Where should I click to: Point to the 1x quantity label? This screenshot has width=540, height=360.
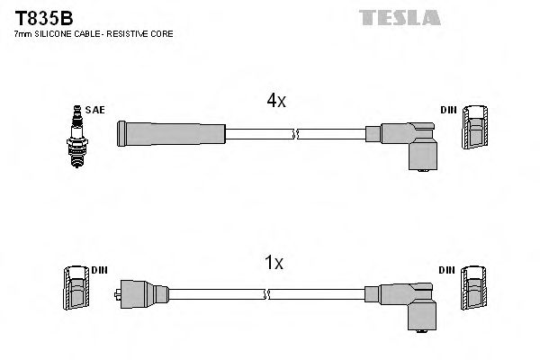tap(274, 263)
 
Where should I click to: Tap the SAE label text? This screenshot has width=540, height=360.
tap(95, 110)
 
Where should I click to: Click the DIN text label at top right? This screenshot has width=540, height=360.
tap(448, 110)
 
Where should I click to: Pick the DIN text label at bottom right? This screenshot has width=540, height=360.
tap(448, 269)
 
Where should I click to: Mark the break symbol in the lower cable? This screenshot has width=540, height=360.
tap(267, 293)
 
